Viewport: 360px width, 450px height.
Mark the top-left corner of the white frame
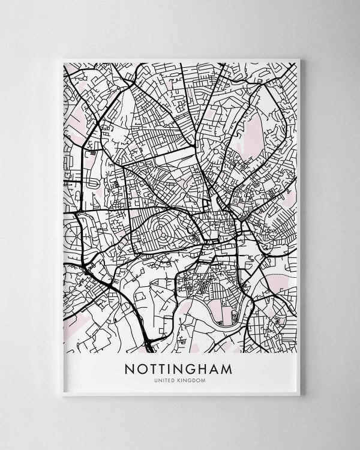[x=61, y=58]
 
